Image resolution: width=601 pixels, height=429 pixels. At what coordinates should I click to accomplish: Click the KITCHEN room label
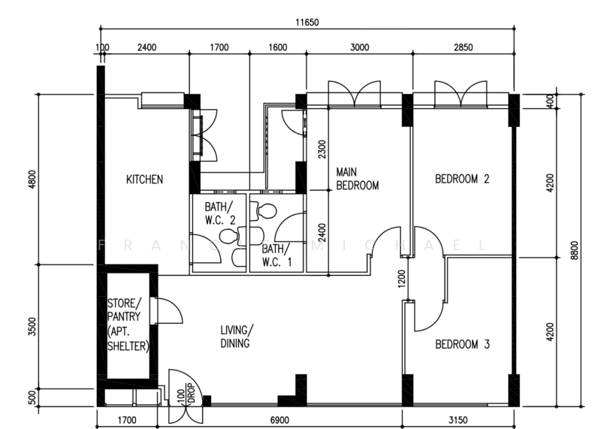[x=145, y=180]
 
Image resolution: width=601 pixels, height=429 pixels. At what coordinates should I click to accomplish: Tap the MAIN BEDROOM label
[x=357, y=177]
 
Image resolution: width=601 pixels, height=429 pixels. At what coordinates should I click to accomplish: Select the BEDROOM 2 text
[x=463, y=180]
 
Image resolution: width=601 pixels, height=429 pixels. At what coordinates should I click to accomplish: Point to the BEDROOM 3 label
[x=463, y=345]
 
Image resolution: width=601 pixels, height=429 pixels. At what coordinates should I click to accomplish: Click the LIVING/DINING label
[x=237, y=337]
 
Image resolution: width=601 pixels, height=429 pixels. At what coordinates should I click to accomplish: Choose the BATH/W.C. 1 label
[x=273, y=255]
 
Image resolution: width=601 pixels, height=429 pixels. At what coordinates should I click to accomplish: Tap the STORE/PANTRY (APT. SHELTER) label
[x=128, y=325]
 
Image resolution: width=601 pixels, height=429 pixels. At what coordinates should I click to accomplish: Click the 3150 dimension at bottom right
[x=458, y=419]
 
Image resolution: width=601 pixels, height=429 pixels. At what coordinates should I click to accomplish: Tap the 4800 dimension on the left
[x=30, y=180]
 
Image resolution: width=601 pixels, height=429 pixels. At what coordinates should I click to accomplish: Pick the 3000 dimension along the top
[x=360, y=47]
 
